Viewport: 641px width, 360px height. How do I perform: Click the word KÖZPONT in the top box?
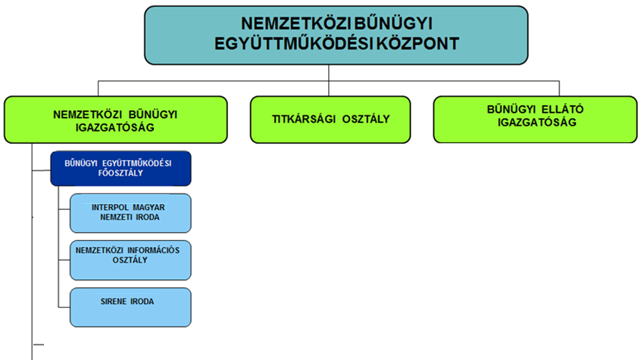coord(417,43)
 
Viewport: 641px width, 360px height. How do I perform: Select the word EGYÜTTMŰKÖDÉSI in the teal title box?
coord(293,43)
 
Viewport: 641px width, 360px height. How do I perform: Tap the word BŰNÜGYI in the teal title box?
coord(393,23)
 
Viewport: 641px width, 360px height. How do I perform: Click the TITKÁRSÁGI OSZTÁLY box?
coord(330,120)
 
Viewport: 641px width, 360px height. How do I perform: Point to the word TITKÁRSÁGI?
coord(304,119)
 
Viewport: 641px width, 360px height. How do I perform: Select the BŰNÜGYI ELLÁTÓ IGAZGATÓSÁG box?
coord(535,120)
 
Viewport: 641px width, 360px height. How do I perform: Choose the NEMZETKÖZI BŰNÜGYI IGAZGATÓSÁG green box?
coord(116,120)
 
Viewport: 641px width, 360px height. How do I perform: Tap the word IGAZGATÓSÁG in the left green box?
coord(115,127)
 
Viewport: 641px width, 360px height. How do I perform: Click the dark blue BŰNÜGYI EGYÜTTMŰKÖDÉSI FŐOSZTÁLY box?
coord(120,168)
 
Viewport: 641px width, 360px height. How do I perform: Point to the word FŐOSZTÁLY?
coord(120,173)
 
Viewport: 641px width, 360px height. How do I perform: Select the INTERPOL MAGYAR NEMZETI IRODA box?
coord(130,213)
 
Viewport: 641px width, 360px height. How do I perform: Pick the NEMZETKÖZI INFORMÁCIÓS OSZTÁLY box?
coord(130,260)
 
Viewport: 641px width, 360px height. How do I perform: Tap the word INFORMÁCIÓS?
coord(153,250)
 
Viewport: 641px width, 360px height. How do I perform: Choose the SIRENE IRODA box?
coord(130,307)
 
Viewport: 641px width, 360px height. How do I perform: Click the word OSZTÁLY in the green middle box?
coord(366,119)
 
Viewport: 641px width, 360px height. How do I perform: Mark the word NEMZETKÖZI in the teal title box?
coord(296,23)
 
